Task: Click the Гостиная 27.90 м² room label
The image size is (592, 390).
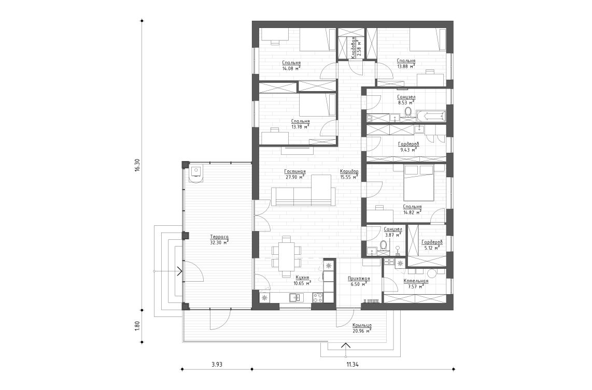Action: coord(294,174)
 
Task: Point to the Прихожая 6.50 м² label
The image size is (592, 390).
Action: coord(358,282)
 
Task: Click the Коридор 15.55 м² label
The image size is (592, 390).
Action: coord(349,174)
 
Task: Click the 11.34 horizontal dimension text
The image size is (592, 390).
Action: coord(352,365)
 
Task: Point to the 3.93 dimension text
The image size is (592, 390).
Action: coord(217,365)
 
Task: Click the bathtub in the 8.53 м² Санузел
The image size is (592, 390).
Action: coord(430,115)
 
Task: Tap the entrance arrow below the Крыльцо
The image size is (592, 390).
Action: coord(345,346)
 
